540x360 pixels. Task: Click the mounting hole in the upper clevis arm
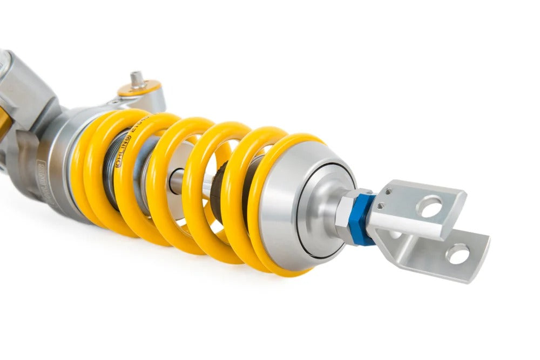[431, 207]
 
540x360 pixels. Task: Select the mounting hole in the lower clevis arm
[458, 254]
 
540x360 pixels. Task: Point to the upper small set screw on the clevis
[388, 192]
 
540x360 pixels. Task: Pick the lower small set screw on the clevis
[381, 205]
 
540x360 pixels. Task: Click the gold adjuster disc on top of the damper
[139, 88]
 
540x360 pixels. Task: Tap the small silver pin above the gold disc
[137, 78]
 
